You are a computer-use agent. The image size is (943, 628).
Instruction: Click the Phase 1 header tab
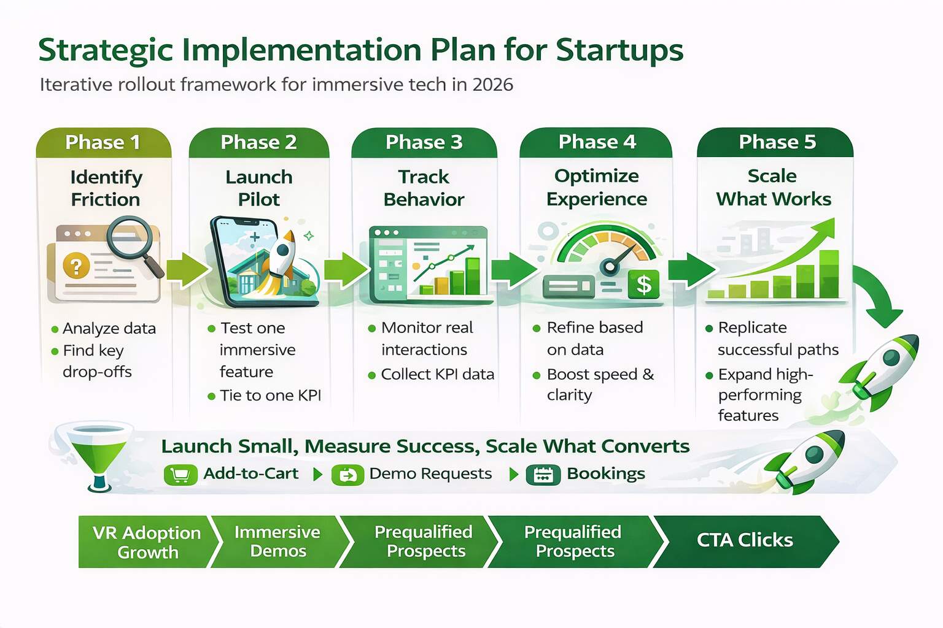point(103,142)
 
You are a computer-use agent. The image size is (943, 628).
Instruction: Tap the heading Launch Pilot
point(258,188)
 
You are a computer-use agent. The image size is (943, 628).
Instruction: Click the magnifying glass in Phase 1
point(131,242)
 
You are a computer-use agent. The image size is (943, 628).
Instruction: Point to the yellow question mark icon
point(76,266)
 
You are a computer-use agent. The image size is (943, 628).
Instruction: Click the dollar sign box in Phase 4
point(643,285)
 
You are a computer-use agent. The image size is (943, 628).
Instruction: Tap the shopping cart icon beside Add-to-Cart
point(180,475)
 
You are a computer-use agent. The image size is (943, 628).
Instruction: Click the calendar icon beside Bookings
point(543,475)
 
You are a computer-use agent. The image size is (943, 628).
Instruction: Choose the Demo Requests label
point(430,474)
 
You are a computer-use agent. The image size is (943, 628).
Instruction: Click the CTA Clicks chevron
point(745,541)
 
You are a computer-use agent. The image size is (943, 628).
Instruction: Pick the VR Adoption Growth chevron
point(147,542)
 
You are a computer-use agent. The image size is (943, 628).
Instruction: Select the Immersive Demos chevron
point(277,542)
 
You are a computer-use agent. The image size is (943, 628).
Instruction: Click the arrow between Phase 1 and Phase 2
point(186,270)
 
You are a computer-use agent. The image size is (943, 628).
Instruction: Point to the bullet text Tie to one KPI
point(270,396)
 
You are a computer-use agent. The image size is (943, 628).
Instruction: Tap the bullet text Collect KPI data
point(437,374)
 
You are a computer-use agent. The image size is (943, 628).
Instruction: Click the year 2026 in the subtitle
point(492,85)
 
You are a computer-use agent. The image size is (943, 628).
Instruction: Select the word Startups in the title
point(619,50)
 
